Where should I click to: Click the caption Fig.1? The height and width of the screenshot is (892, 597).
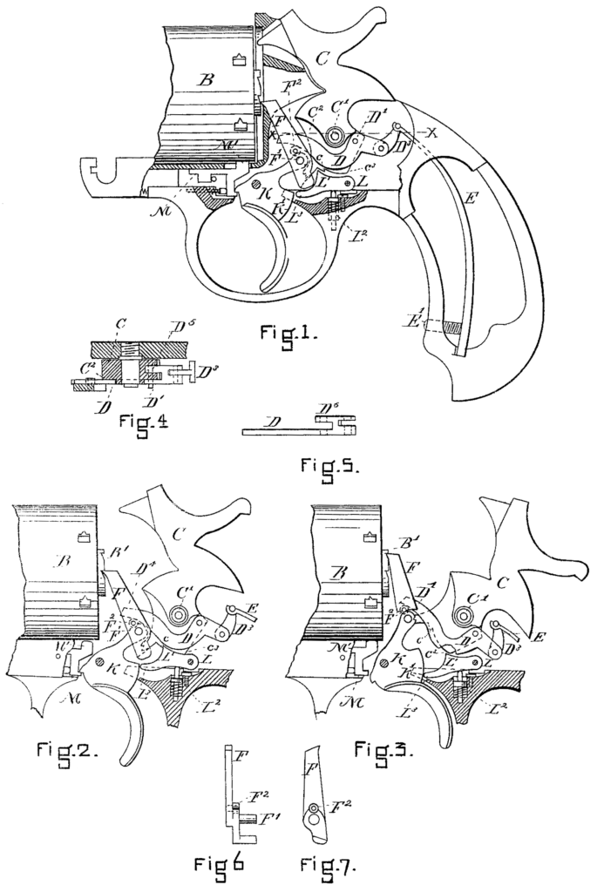pos(290,333)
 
